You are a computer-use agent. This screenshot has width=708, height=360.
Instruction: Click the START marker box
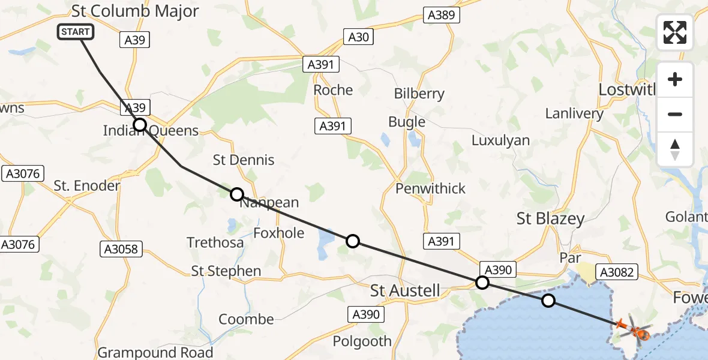tap(76, 32)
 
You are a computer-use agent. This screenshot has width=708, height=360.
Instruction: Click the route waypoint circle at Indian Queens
tap(139, 125)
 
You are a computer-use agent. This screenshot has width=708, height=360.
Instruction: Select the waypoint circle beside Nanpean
tap(237, 194)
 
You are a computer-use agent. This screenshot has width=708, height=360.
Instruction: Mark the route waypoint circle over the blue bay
tap(548, 301)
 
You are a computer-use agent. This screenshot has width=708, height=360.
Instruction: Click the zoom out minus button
tap(675, 115)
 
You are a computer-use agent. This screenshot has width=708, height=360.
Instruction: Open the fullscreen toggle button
tap(675, 32)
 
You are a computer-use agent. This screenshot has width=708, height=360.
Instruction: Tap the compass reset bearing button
tap(675, 149)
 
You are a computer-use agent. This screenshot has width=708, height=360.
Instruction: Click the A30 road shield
tap(358, 37)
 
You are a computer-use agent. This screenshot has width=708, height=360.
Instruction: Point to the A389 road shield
tap(441, 16)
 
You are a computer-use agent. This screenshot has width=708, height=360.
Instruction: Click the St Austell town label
tap(405, 291)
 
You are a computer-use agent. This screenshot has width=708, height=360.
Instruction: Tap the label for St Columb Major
tap(135, 11)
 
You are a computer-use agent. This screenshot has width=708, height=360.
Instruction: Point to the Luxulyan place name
tap(500, 140)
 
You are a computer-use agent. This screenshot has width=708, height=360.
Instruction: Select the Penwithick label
tap(430, 188)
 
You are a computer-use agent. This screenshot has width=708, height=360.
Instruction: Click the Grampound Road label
tap(155, 352)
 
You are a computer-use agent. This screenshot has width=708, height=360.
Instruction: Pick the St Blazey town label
tap(550, 219)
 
